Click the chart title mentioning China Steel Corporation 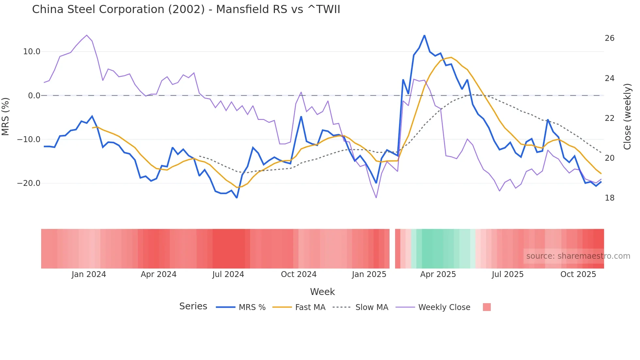186,9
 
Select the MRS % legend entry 252,307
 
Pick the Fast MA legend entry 310,307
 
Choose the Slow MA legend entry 372,307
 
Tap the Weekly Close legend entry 444,307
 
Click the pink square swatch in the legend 487,307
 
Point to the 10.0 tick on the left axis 32,52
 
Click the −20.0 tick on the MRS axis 29,183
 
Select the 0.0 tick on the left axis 34,96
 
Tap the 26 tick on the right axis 609,38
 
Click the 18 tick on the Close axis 609,198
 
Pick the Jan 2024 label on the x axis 89,274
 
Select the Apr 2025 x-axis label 438,274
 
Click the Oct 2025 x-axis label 578,274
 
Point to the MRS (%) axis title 6,116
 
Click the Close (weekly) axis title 627,116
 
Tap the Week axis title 322,292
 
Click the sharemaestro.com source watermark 578,256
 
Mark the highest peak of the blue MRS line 424,35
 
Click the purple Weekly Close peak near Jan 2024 87,35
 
